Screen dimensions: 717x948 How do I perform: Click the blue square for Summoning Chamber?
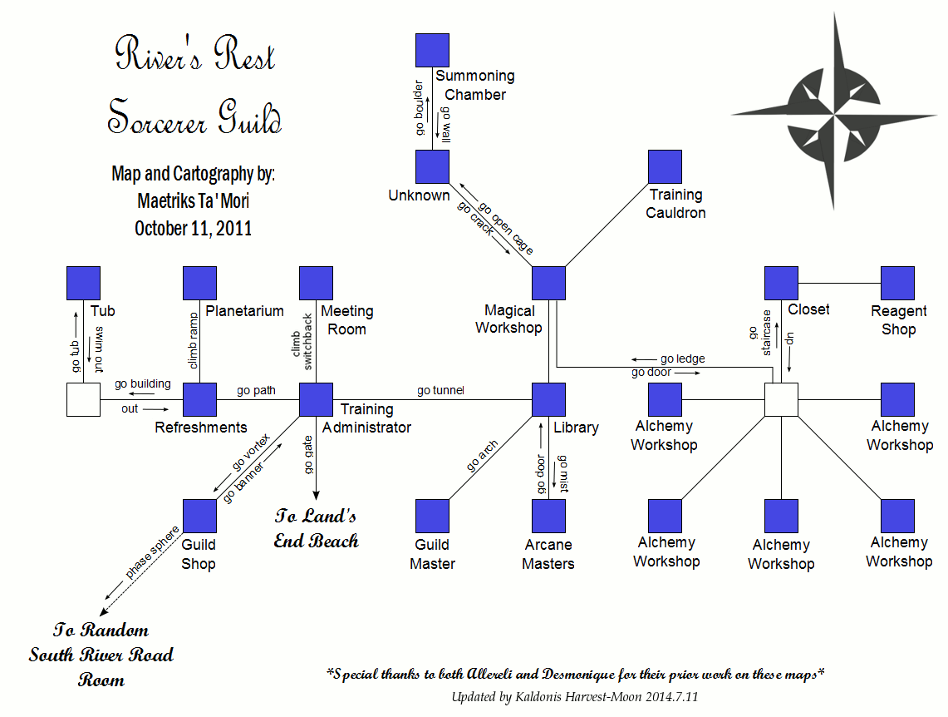point(432,50)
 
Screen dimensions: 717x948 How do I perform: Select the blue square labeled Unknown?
point(432,166)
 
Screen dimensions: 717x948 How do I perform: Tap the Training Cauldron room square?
point(665,166)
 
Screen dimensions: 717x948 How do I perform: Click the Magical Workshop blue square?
point(548,283)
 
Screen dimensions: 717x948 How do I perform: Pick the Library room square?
point(548,399)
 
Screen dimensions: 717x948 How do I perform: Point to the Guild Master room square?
point(432,516)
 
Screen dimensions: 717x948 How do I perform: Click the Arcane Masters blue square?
point(548,516)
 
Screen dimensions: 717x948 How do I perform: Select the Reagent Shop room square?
point(897,283)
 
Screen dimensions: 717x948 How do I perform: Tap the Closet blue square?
point(781,283)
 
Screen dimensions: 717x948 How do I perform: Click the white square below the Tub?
point(83,399)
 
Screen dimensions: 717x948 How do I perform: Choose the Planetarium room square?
point(199,283)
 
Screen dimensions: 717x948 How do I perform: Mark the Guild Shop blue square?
point(199,516)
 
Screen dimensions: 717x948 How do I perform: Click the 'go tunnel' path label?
point(440,390)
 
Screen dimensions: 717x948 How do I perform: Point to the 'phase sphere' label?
point(152,551)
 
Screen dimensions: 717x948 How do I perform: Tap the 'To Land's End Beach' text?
point(317,528)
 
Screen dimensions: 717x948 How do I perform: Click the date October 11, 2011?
point(193,228)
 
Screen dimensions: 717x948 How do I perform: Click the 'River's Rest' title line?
point(195,56)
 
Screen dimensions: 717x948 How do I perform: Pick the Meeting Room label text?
point(346,319)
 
